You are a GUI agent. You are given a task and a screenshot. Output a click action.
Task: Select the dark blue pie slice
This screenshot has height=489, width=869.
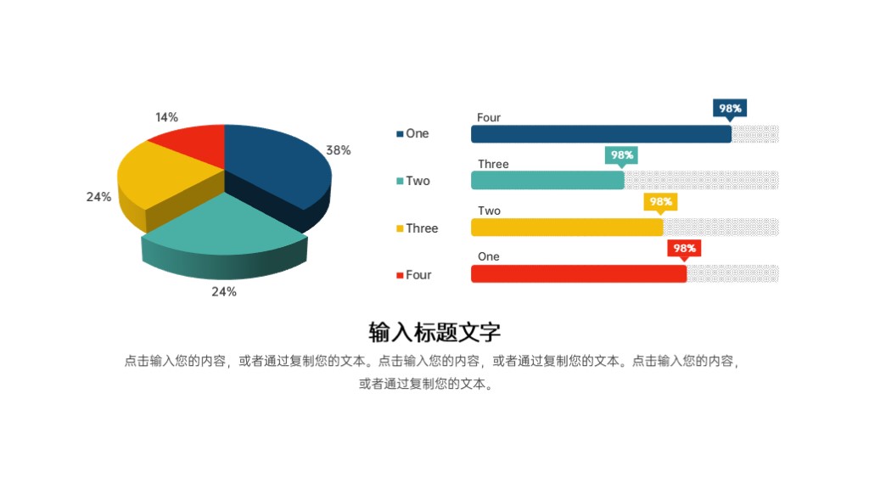[x=276, y=166]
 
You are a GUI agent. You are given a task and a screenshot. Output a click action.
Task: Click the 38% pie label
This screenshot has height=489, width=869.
[x=339, y=150]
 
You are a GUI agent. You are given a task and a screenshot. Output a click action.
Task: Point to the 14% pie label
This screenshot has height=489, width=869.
[x=167, y=117]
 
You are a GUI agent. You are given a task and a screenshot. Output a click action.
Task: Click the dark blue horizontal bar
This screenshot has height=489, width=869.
[x=601, y=134]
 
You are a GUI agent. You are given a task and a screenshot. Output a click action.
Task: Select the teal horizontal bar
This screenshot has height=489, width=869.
[x=547, y=180]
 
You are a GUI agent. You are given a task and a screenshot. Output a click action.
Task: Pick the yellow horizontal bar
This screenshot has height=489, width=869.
[x=567, y=228]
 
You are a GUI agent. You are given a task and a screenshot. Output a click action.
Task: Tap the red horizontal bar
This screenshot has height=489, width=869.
[x=578, y=273]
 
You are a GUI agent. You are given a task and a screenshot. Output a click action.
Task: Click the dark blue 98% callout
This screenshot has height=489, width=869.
[x=730, y=109]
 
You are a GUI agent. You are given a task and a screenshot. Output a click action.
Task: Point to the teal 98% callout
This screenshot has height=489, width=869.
[x=622, y=155]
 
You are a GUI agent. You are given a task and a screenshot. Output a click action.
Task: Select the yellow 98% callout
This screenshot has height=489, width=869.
[x=661, y=202]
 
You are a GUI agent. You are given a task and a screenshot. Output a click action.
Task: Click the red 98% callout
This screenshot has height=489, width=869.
[x=684, y=249]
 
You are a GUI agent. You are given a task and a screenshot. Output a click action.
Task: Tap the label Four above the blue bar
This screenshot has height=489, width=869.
[x=489, y=118]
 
